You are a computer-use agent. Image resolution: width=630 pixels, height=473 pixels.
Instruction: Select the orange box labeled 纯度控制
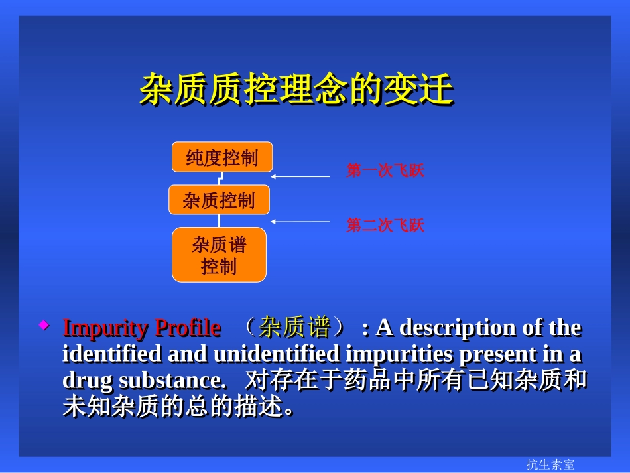click(x=222, y=157)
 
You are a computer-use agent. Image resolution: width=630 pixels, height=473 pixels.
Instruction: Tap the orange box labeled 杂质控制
click(x=219, y=200)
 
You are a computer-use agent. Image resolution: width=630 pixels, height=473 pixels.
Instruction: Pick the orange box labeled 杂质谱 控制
click(x=219, y=255)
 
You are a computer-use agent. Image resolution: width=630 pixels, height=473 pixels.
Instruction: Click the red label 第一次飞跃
click(x=385, y=171)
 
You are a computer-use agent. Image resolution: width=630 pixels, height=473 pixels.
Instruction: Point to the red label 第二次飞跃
click(x=385, y=226)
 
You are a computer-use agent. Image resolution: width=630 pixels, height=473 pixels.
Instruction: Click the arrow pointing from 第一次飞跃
click(x=300, y=177)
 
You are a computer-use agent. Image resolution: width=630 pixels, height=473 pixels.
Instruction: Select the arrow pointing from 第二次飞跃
click(x=300, y=221)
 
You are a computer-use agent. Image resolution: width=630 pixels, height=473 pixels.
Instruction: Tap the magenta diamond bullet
click(x=44, y=325)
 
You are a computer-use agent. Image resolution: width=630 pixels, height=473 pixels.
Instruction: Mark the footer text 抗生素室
click(x=550, y=464)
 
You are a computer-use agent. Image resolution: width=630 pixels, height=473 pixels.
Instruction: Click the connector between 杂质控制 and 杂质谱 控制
click(x=219, y=221)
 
